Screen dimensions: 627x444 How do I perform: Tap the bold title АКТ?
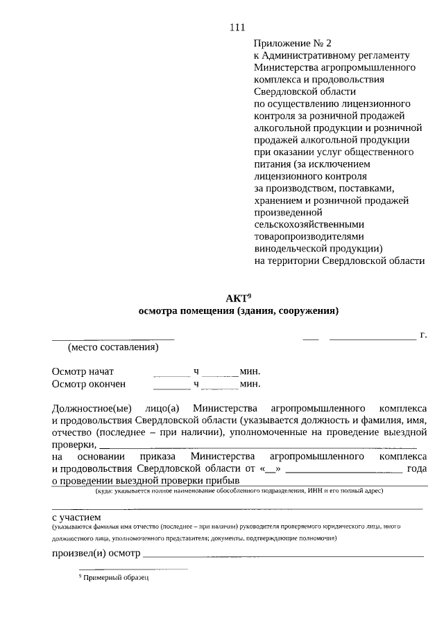[x=235, y=299]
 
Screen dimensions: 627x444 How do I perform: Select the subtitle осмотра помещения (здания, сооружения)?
[x=238, y=311]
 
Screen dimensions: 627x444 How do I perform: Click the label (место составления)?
[x=113, y=347]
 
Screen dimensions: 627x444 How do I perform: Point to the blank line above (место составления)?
[x=113, y=339]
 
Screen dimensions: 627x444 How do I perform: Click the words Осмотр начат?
[x=83, y=371]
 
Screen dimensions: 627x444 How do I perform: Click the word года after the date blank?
[x=416, y=468]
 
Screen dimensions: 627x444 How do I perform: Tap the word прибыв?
[x=225, y=480]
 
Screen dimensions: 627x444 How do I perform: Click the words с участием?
[x=76, y=517]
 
